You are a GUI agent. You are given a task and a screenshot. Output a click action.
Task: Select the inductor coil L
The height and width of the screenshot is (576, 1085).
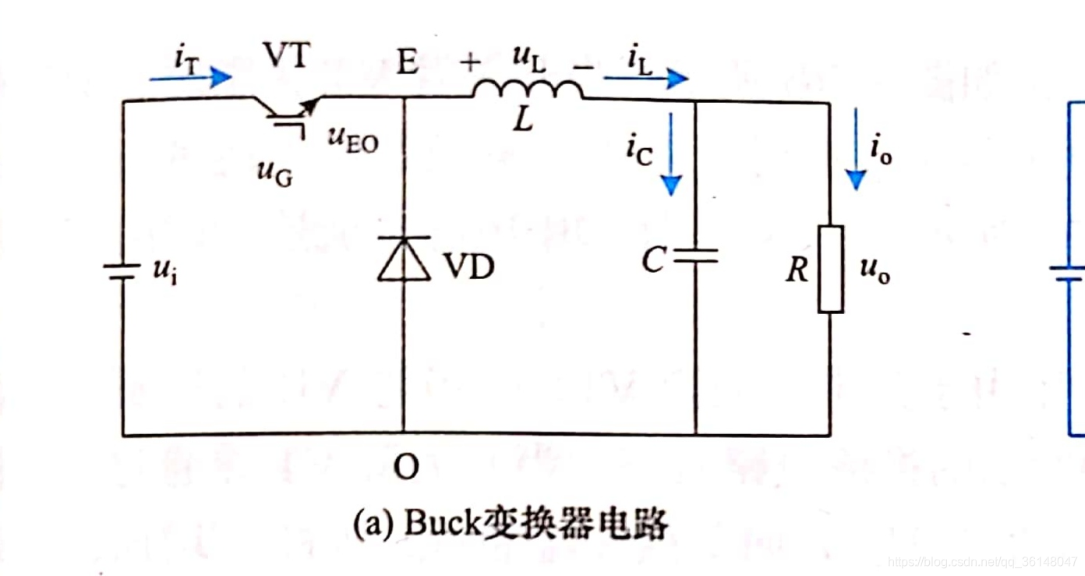528,90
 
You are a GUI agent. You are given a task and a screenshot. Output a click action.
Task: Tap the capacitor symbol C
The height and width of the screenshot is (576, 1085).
694,256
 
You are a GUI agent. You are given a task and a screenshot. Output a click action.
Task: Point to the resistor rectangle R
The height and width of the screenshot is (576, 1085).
830,269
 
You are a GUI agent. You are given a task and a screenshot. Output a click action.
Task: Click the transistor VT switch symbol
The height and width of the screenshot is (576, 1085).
287,110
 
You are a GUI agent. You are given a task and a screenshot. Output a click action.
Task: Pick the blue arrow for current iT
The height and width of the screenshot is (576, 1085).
190,76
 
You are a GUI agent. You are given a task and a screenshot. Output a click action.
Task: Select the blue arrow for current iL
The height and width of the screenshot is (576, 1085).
645,78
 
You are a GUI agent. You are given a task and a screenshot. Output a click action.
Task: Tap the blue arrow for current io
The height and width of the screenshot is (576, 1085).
856,148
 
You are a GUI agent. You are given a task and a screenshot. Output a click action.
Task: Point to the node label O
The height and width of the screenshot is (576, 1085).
406,467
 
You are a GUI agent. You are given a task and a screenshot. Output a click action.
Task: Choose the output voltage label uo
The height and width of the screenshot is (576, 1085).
875,270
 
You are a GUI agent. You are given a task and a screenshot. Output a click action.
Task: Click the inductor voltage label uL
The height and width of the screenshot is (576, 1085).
528,58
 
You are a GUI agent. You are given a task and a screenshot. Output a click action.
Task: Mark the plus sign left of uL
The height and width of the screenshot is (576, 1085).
471,62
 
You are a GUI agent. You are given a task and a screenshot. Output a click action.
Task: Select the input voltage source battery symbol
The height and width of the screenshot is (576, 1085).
122,270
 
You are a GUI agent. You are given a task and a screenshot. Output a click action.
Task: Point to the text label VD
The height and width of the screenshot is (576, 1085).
469,267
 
